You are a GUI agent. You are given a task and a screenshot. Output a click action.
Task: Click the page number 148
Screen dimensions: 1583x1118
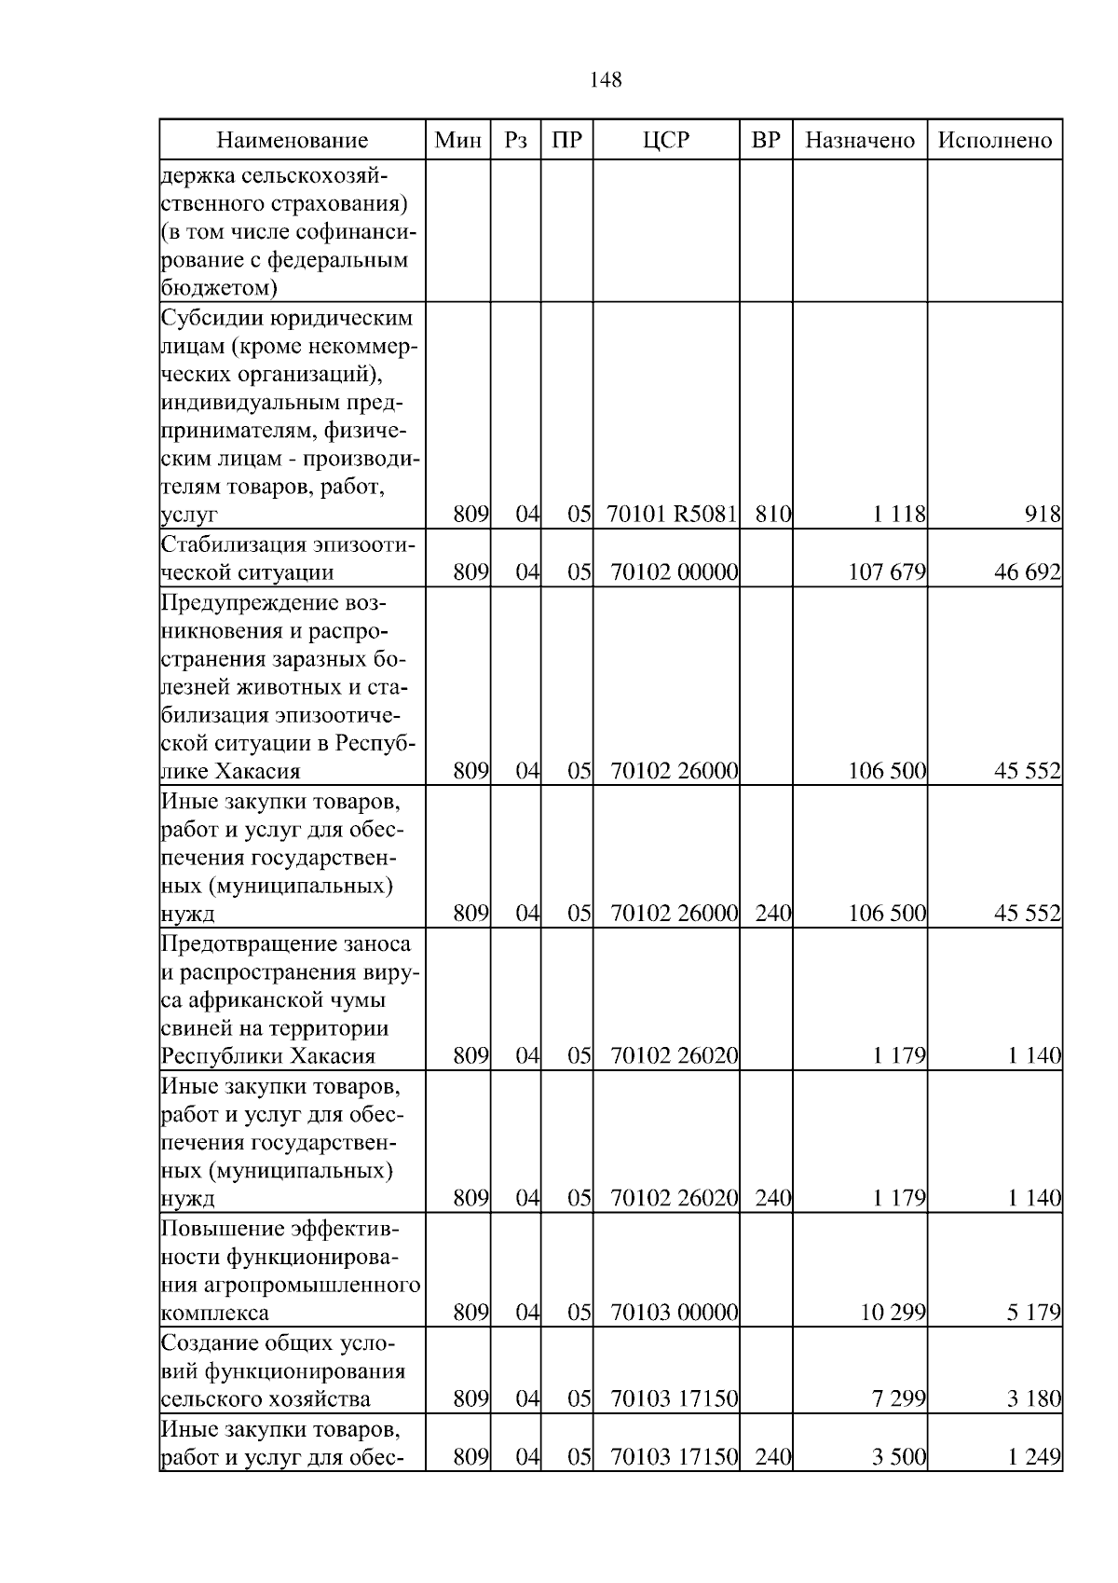click(606, 80)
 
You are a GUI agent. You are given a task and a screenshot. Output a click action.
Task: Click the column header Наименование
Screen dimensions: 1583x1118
click(293, 141)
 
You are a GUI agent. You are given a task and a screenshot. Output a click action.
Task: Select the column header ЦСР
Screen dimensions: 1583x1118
click(666, 141)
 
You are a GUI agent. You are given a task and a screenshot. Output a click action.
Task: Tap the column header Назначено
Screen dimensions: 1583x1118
click(860, 141)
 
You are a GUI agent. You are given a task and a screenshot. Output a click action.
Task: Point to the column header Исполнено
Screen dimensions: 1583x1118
click(994, 141)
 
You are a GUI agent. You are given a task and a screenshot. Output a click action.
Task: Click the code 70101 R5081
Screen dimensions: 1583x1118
click(672, 514)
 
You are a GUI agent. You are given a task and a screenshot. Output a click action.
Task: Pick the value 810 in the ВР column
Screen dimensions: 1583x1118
click(772, 514)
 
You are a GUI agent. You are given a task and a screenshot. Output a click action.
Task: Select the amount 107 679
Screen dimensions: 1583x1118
click(886, 571)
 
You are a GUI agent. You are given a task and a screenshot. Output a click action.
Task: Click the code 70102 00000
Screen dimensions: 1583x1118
click(675, 571)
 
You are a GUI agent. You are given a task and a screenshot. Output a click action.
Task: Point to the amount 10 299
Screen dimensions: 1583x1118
click(893, 1313)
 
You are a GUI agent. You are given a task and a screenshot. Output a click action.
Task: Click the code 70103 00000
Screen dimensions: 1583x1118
click(675, 1313)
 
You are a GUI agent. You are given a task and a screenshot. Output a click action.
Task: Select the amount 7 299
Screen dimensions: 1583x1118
click(899, 1398)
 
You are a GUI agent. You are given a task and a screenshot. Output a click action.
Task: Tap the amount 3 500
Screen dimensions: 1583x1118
click(899, 1456)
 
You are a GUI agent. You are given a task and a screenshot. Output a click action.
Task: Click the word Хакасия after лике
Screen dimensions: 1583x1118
click(258, 772)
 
